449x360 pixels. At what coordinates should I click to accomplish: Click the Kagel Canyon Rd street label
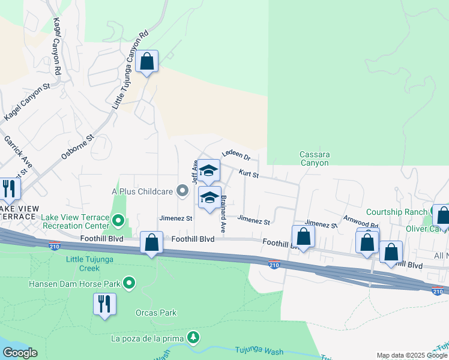[x=58, y=46]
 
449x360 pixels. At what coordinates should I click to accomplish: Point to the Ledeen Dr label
[x=235, y=155]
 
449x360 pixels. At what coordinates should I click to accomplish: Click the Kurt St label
[x=248, y=174]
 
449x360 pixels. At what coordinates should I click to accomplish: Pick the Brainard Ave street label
[x=223, y=214]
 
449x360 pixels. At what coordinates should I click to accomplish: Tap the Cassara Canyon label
[x=314, y=158]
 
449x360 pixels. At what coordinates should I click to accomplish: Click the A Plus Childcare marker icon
[x=184, y=191]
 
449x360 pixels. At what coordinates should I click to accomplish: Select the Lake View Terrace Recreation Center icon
[x=118, y=221]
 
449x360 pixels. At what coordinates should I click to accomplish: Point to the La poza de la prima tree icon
[x=193, y=338]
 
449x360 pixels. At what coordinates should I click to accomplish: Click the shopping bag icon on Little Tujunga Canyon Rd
[x=146, y=61]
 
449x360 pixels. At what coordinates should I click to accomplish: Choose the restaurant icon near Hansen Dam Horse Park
[x=104, y=304]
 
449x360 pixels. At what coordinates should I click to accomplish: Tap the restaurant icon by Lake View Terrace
[x=8, y=188]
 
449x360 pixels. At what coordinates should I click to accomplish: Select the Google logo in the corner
[x=20, y=353]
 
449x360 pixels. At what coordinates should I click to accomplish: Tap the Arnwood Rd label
[x=360, y=222]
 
